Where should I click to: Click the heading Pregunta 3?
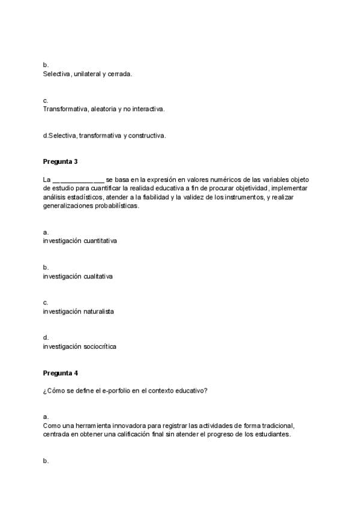(x=61, y=161)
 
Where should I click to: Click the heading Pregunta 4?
(x=61, y=373)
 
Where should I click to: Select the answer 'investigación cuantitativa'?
(x=80, y=241)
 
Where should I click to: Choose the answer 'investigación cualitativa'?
(x=77, y=276)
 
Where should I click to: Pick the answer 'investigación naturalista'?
(x=78, y=312)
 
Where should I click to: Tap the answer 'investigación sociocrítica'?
(x=79, y=346)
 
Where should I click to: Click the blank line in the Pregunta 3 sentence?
(x=78, y=179)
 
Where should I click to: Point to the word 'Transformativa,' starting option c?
(x=66, y=109)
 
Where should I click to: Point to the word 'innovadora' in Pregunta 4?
(x=111, y=426)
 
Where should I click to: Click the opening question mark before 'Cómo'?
(x=44, y=391)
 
